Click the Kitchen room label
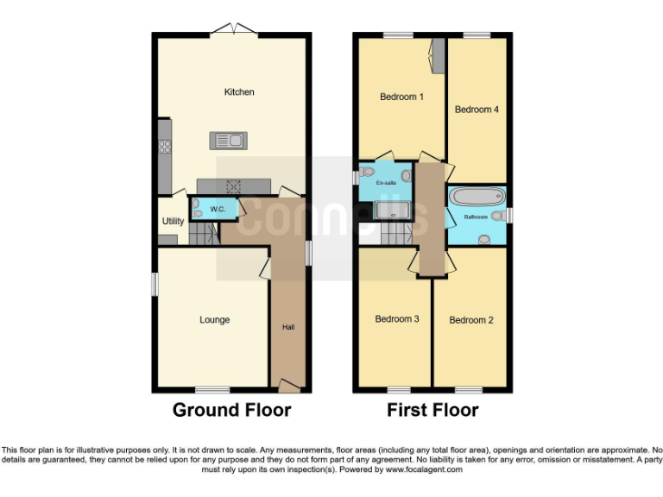239,91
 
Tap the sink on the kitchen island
228,139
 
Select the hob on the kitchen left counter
163,147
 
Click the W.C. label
218,209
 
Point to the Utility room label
173,222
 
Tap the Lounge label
215,320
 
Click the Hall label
288,327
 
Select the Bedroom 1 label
401,97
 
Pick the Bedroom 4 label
477,110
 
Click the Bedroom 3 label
397,319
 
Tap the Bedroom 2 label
471,320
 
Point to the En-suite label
385,183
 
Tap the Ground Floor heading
231,410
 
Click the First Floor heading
433,410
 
